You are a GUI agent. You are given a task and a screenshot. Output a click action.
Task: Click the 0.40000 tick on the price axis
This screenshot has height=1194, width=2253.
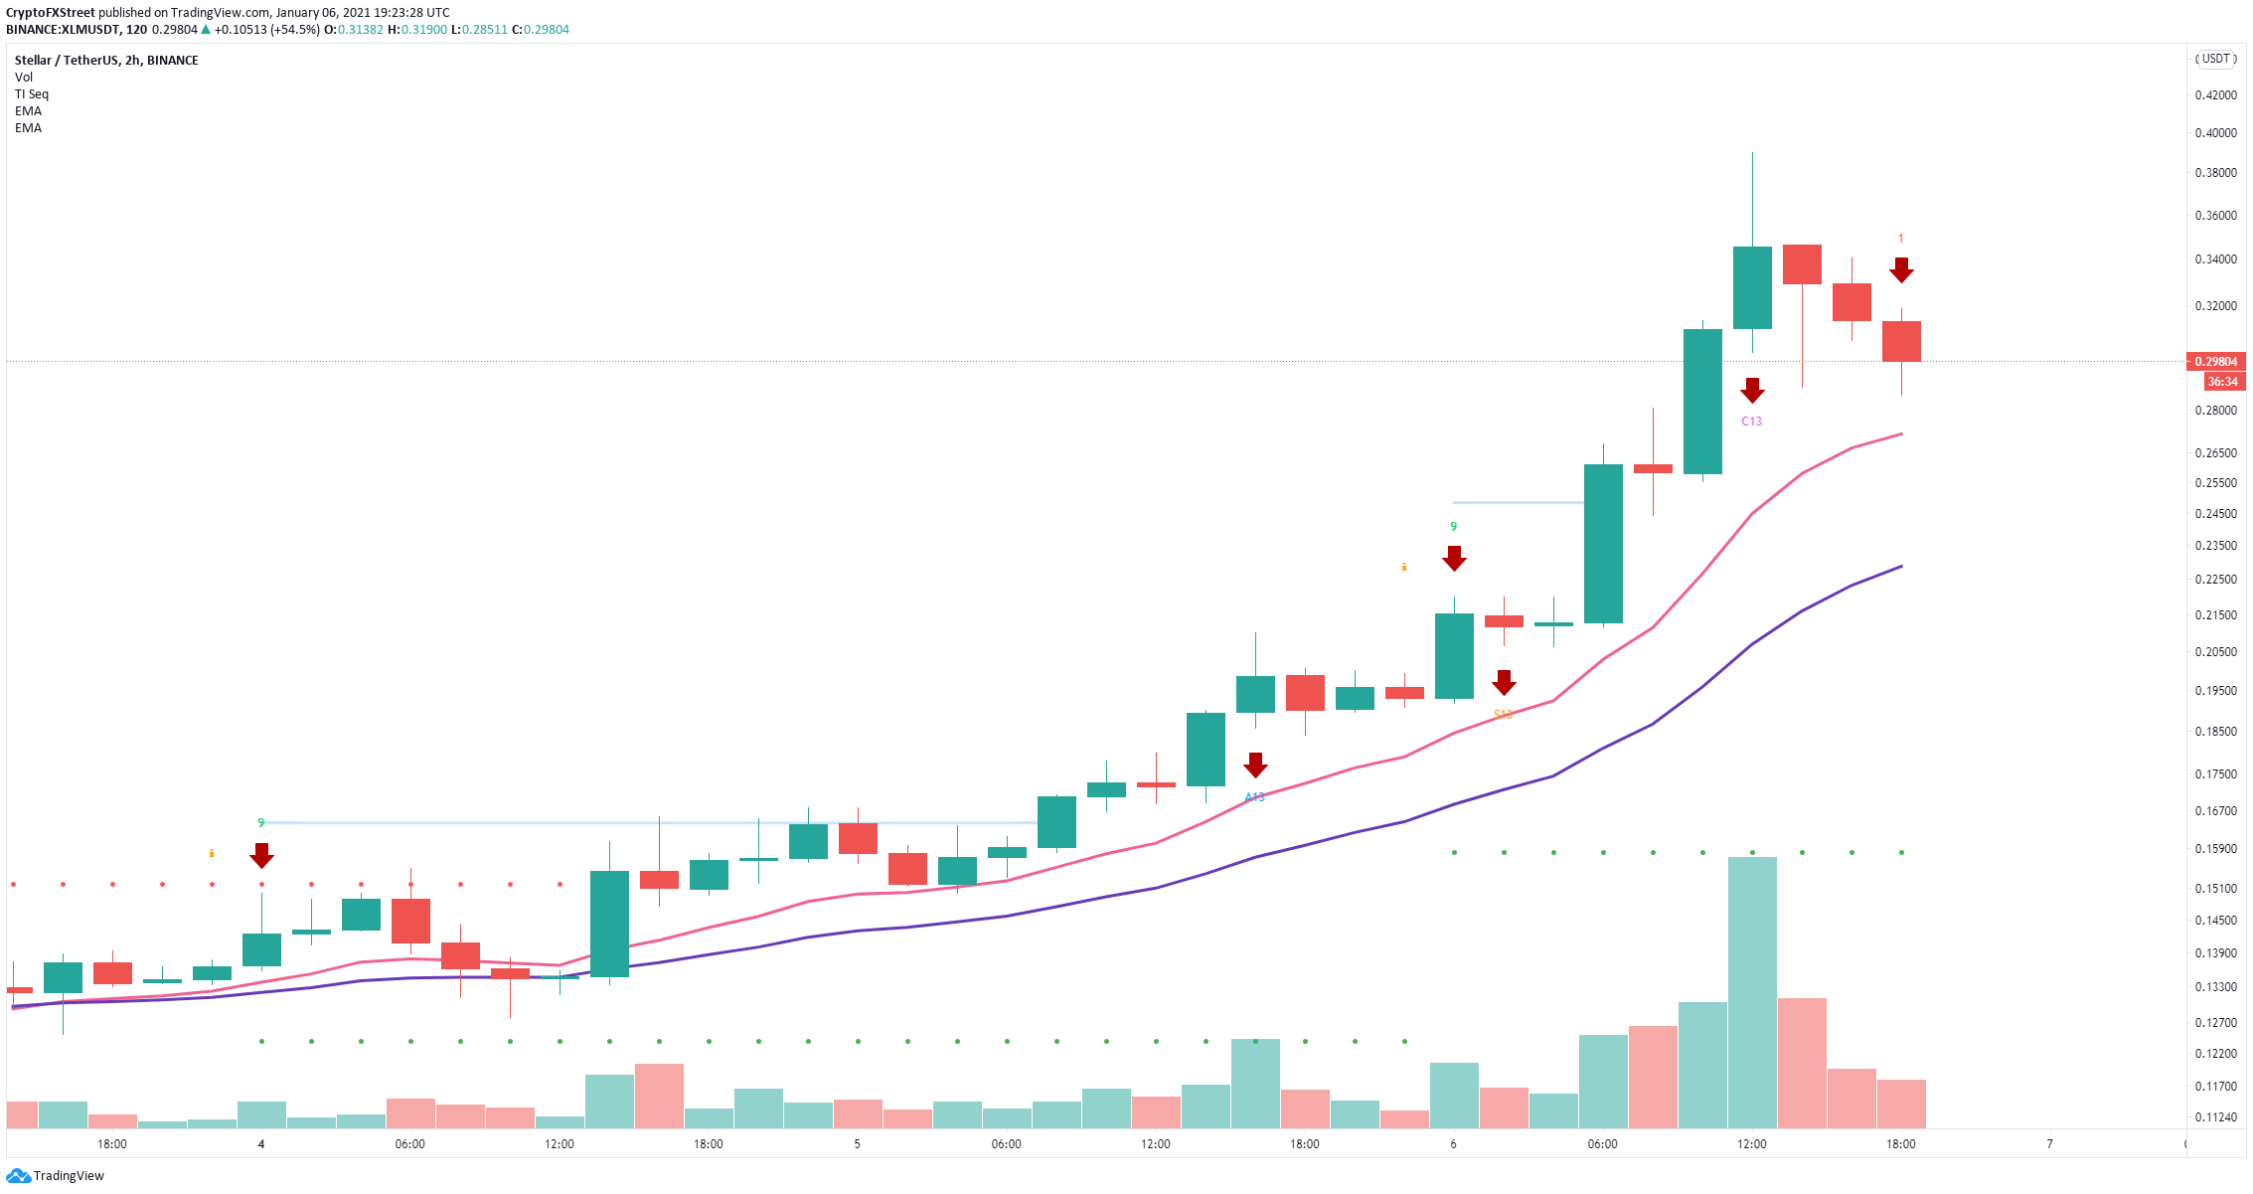[2215, 133]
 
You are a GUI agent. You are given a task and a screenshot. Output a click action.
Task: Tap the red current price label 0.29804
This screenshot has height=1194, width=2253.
[2215, 362]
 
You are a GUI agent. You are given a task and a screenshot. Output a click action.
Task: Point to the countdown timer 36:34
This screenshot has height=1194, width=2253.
[2221, 382]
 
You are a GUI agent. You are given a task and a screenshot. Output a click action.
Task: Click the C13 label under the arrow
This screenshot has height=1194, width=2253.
[1751, 422]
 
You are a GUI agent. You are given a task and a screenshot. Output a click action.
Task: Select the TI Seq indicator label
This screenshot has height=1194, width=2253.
[32, 94]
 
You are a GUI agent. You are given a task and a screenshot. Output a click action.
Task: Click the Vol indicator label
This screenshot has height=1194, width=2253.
[24, 78]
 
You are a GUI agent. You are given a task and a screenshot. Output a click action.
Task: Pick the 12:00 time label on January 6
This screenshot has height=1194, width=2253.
[1751, 1144]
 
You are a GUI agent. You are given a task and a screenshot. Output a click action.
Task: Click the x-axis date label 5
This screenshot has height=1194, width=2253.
[857, 1144]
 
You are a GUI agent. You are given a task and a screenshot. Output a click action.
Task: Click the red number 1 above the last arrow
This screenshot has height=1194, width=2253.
[1900, 239]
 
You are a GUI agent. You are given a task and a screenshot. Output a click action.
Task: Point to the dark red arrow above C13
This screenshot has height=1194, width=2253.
[1752, 390]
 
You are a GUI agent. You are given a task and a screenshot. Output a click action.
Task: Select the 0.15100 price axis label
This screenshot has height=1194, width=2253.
[2215, 889]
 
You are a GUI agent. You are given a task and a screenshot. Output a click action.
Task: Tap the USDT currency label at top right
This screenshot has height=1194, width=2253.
[2215, 59]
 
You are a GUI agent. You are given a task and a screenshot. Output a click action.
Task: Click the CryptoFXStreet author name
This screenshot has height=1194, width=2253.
[51, 13]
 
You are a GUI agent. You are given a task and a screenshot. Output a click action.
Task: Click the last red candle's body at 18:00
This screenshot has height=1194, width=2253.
[1901, 341]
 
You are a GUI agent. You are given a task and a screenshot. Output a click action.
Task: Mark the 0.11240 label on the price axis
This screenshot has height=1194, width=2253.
[2215, 1116]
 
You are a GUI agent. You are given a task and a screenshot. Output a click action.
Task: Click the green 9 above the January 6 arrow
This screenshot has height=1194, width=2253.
[1453, 527]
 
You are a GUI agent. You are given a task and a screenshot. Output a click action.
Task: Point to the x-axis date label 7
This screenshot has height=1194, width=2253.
[2049, 1144]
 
